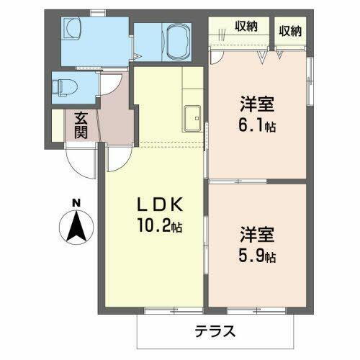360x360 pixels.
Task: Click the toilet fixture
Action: (64, 88)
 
